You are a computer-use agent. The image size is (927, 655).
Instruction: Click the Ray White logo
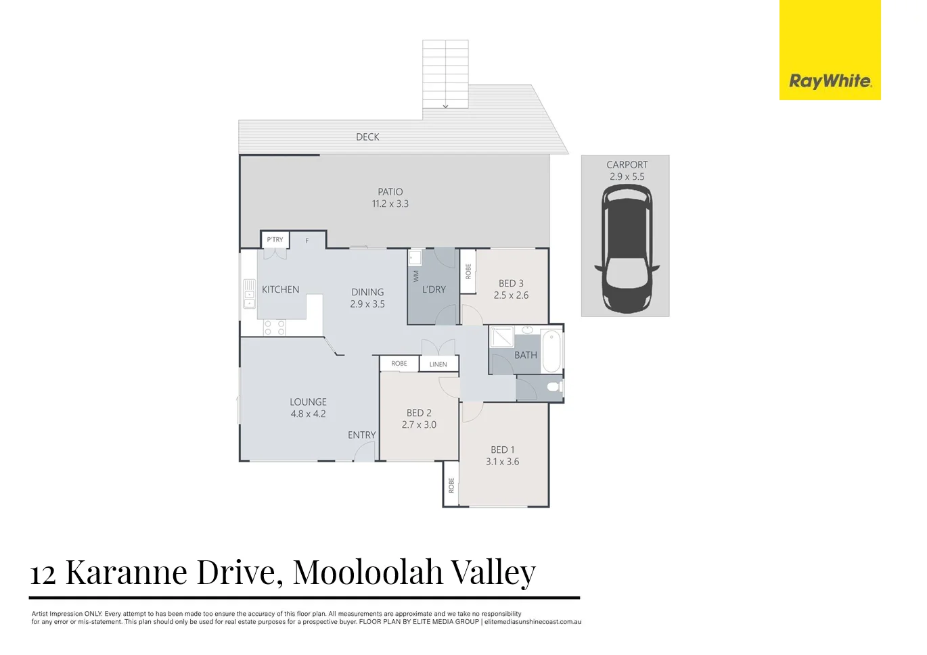(x=830, y=81)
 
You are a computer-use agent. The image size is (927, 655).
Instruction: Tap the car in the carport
(x=626, y=249)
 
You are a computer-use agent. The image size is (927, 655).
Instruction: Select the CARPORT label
(x=627, y=164)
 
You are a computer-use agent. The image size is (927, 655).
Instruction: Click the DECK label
(x=367, y=137)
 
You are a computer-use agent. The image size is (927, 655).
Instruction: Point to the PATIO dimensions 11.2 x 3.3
(x=390, y=203)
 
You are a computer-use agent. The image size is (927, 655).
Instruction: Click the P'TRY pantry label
(x=275, y=240)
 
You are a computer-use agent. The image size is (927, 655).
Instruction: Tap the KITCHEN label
(x=280, y=289)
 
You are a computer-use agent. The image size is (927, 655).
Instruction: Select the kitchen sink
(x=249, y=294)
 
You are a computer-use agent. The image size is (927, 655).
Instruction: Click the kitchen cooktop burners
(x=274, y=328)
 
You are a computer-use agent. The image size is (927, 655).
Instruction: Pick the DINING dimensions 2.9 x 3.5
(x=367, y=304)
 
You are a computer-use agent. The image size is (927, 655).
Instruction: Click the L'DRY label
(x=434, y=289)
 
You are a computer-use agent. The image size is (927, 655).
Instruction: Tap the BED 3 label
(x=511, y=283)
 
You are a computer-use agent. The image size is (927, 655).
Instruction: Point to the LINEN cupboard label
(x=438, y=364)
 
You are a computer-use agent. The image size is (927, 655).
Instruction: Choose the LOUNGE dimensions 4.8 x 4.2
(x=308, y=414)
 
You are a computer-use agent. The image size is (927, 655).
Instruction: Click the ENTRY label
(x=361, y=435)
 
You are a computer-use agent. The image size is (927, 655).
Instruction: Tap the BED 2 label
(x=419, y=412)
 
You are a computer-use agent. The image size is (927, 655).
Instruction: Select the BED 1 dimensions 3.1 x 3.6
(x=502, y=462)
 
